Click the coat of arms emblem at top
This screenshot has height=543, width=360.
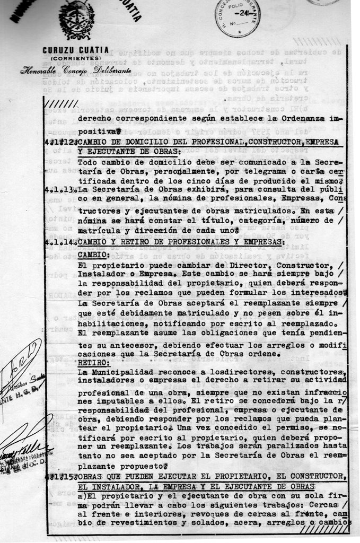pos(76,19)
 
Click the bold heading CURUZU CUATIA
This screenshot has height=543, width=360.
pos(75,50)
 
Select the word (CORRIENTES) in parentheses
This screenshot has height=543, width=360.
pos(75,58)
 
